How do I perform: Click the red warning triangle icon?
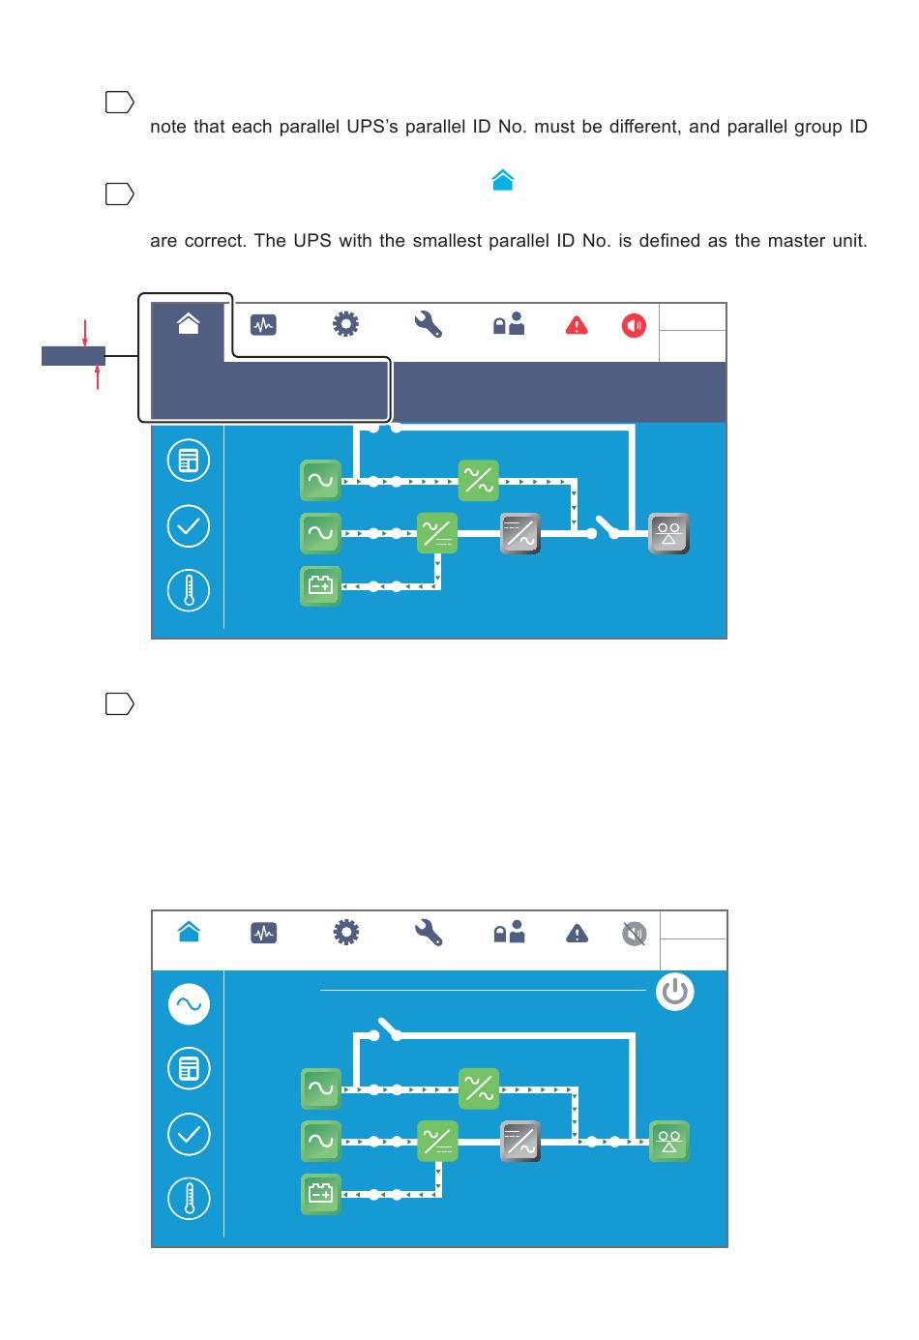click(577, 325)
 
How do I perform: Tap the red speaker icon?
click(634, 325)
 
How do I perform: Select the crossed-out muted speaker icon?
click(634, 934)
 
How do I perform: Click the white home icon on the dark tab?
click(189, 323)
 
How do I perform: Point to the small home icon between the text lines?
click(502, 181)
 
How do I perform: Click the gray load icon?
click(668, 533)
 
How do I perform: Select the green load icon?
click(668, 1141)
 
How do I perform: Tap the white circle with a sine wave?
click(189, 1004)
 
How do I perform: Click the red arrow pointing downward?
click(85, 333)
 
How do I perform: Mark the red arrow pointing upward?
click(98, 377)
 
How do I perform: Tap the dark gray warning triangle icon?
click(577, 934)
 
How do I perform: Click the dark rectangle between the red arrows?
click(73, 356)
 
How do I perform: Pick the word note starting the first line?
click(168, 127)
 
